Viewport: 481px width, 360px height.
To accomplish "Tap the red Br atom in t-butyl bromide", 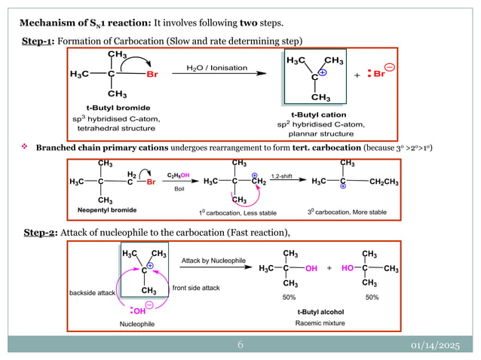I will (152, 74).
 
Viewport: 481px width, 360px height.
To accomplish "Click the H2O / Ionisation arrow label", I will (216, 68).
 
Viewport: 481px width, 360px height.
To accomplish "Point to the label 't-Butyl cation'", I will (318, 114).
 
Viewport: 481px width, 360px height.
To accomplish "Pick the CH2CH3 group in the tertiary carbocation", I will (385, 182).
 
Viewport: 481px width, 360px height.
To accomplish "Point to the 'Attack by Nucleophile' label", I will (213, 260).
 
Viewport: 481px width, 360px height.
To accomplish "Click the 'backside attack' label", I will (90, 291).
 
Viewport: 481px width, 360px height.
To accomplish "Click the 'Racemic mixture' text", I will (319, 322).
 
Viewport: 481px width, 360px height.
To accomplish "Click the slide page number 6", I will (240, 345).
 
